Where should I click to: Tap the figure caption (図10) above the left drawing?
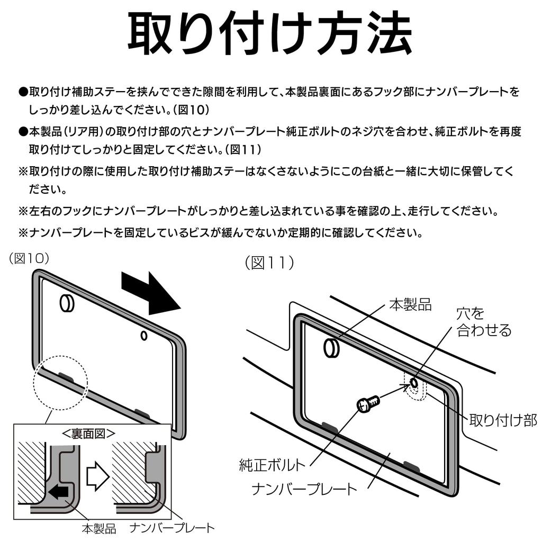pos(30,258)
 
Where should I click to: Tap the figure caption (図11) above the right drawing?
pos(269,263)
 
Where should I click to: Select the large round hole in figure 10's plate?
pos(67,303)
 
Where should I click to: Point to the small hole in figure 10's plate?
pos(143,335)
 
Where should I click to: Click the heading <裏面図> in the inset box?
pos(88,433)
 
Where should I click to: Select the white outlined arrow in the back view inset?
pos(97,472)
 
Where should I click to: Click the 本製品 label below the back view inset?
pos(98,528)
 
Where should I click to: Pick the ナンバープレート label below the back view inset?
pos(173,528)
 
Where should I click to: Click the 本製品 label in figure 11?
pos(410,304)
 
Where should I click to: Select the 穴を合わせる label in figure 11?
pos(483,322)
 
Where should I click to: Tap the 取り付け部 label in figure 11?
pos(503,420)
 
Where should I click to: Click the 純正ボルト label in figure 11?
pos(272,466)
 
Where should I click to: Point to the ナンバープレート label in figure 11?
pos(304,488)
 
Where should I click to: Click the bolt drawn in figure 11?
pos(368,404)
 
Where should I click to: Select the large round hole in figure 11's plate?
pos(332,348)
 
